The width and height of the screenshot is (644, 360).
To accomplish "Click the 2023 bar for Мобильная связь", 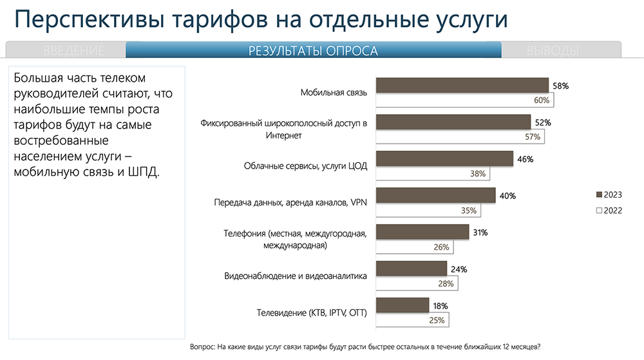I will (462, 86).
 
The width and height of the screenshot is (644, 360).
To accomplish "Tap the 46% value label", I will (524, 159).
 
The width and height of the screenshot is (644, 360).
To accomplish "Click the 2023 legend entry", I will (609, 195).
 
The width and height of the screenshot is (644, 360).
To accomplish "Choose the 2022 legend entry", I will (609, 211).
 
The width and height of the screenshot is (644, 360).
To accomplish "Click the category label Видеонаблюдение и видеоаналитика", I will (296, 276).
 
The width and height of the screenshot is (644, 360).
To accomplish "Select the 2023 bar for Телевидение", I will (402, 305).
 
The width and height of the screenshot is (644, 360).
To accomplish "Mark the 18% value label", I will (440, 305).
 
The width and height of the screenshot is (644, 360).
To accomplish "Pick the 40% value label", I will (507, 196).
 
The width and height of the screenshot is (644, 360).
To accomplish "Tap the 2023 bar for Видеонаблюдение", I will (411, 269).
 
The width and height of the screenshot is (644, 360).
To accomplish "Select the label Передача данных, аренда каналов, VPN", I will (290, 203).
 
